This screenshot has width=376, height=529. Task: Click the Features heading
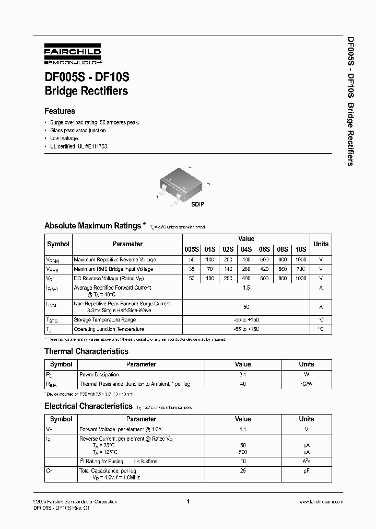[x=60, y=111]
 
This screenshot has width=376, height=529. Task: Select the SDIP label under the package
[x=197, y=204]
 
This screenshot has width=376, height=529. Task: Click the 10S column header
[x=301, y=249]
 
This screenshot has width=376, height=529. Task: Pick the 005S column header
[x=192, y=249]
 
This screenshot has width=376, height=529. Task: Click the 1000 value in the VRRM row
[x=301, y=260]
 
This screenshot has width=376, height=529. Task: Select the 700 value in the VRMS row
[x=301, y=269]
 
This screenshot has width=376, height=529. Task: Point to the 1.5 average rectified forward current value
[x=246, y=287]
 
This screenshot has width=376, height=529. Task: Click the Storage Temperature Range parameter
[x=104, y=320]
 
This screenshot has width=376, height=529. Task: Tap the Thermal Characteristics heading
[x=86, y=351]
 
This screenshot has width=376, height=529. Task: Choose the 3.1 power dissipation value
[x=243, y=374]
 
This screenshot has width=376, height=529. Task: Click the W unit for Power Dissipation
[x=307, y=374]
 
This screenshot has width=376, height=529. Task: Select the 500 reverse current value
[x=243, y=452]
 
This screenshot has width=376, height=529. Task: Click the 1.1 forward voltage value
[x=243, y=429]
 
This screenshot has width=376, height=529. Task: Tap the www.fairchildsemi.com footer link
[x=321, y=502]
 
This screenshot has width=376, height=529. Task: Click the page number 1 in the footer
[x=187, y=502]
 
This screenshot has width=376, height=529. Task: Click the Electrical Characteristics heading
[x=88, y=406]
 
